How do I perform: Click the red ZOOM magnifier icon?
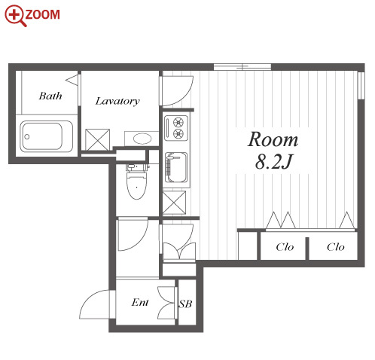tap(15, 15)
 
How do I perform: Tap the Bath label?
tap(50, 96)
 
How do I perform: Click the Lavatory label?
tap(117, 102)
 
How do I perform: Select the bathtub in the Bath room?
tap(47, 136)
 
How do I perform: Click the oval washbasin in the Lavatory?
tap(142, 139)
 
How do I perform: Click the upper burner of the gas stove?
tap(178, 123)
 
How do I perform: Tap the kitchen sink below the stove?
tap(176, 167)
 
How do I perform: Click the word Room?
tap(273, 139)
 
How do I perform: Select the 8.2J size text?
tap(274, 161)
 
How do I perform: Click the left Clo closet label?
tap(285, 247)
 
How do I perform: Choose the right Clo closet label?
tap(336, 247)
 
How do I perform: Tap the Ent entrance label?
tap(140, 302)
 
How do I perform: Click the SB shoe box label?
tap(185, 304)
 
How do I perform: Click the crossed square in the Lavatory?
tap(97, 140)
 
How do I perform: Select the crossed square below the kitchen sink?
tap(174, 203)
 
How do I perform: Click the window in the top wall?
tap(242, 67)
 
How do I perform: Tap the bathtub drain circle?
tap(27, 137)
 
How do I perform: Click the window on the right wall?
tap(361, 85)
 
